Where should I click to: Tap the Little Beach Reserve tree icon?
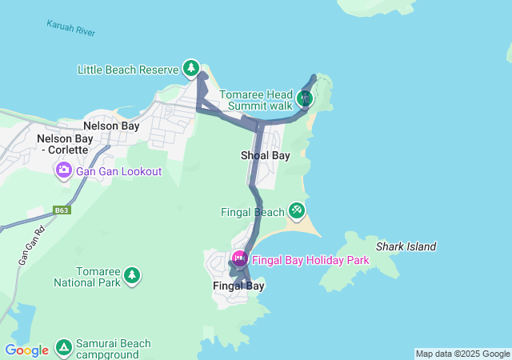[190, 69]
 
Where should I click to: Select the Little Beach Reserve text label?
[128, 70]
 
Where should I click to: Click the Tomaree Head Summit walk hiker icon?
[303, 98]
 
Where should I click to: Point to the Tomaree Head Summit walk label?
[258, 100]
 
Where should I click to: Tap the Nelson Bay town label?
[111, 126]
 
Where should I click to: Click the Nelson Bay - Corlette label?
[70, 144]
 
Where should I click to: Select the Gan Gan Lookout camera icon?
[63, 170]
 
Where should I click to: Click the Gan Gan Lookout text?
[119, 171]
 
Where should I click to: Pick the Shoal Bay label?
[265, 155]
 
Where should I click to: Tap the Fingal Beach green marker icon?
[297, 210]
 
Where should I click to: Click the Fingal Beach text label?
[252, 212]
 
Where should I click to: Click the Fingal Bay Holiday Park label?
[310, 260]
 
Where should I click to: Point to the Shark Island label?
[406, 246]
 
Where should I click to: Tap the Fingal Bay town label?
[238, 286]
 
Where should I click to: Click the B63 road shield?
[62, 210]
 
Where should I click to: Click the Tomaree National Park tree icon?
[131, 276]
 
